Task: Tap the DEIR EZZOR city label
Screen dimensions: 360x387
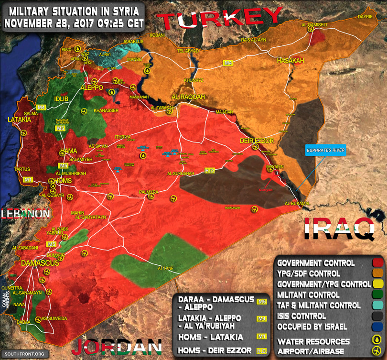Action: click(257, 141)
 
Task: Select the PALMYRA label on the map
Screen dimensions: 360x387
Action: click(148, 192)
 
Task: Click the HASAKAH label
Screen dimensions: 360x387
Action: click(290, 61)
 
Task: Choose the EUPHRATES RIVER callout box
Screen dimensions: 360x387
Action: click(326, 150)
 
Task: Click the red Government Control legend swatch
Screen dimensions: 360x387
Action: click(377, 263)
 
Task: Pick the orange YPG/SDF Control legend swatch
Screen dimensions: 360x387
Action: click(377, 274)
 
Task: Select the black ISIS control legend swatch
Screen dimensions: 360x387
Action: click(377, 316)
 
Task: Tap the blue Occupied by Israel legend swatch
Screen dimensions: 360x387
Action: click(377, 327)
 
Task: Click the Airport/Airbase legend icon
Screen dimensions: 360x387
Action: click(377, 352)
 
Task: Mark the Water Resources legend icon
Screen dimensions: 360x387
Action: click(377, 341)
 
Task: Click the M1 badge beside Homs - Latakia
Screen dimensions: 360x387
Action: click(261, 336)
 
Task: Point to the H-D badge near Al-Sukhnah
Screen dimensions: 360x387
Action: click(209, 171)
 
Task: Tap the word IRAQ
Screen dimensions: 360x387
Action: click(339, 229)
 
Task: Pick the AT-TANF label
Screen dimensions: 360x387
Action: click(165, 268)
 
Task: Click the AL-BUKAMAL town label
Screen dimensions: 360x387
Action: click(298, 203)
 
